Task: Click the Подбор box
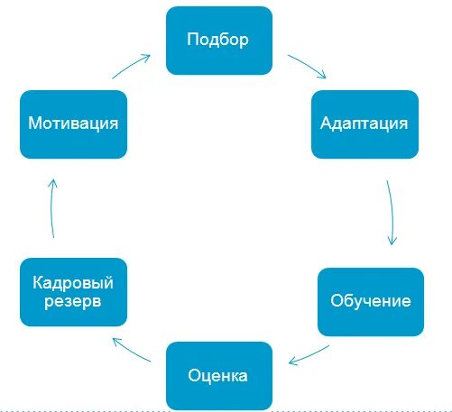coord(218,41)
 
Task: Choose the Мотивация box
coord(72,123)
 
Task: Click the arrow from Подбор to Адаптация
coord(308,66)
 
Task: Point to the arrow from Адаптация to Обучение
coord(392,213)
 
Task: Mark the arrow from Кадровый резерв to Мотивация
coord(52,207)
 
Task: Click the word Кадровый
coord(72,283)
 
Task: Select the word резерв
coord(72,300)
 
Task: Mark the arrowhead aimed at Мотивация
coord(51,181)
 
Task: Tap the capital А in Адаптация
coord(327,123)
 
